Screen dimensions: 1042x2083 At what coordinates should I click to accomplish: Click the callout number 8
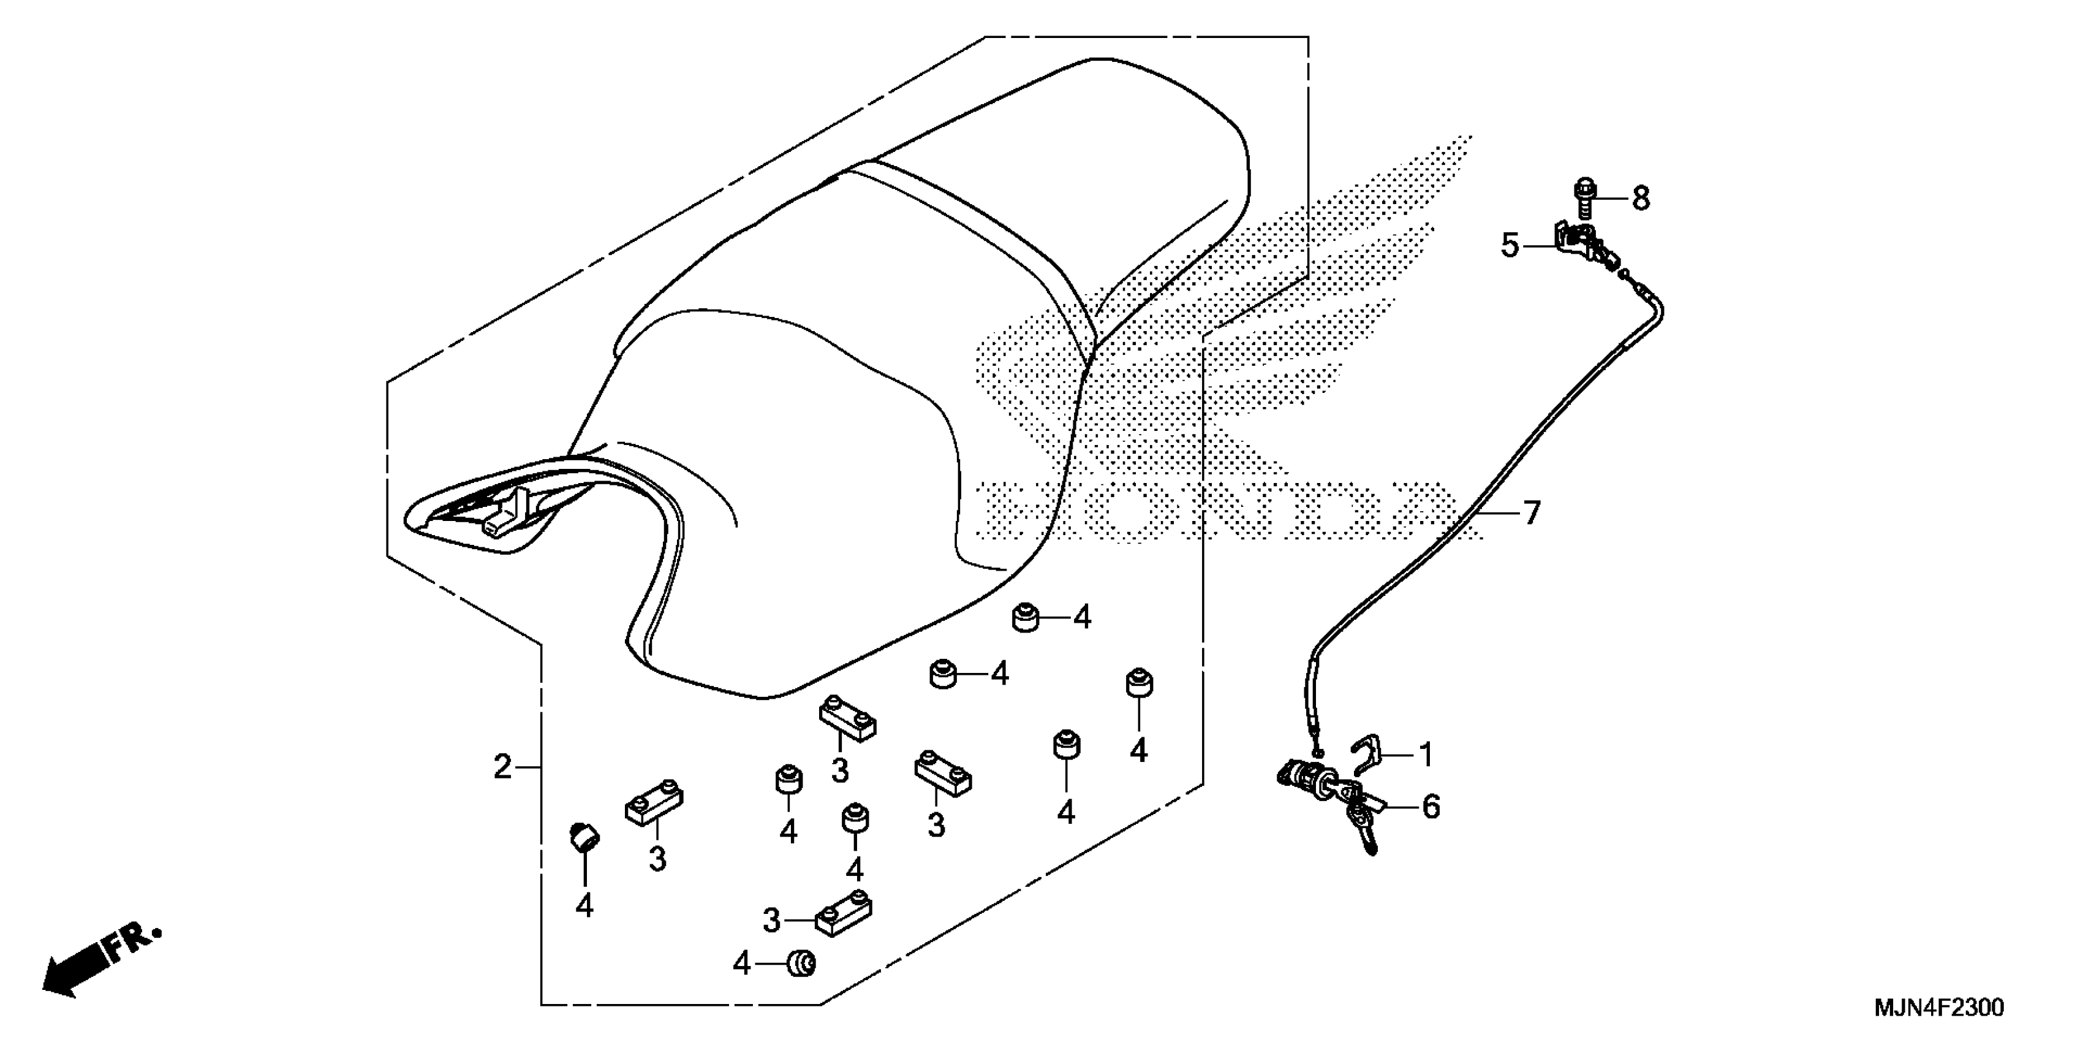click(1641, 198)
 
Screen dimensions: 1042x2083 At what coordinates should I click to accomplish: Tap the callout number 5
click(1510, 245)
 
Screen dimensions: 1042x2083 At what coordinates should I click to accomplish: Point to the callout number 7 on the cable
click(1532, 513)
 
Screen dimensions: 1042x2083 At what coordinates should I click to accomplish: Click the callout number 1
click(1426, 755)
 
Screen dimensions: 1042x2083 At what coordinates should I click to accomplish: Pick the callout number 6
click(1431, 807)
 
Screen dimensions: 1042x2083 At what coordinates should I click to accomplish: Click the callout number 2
click(503, 767)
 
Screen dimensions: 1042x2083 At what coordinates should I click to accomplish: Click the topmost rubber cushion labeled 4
click(1026, 617)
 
